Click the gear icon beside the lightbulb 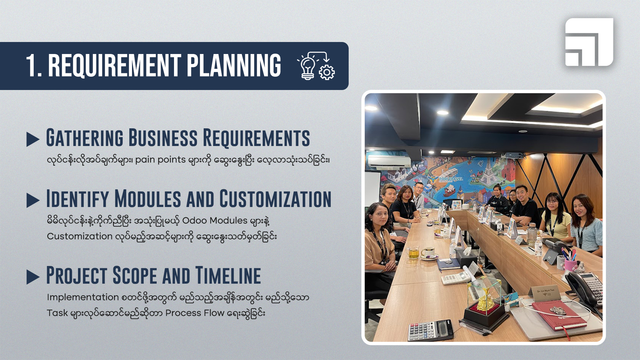pos(327,72)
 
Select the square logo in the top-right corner pos(589,42)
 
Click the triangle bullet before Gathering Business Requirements pos(33,139)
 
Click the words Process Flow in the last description pos(195,313)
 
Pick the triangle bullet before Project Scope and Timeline pos(33,277)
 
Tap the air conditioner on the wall pos(389,162)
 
